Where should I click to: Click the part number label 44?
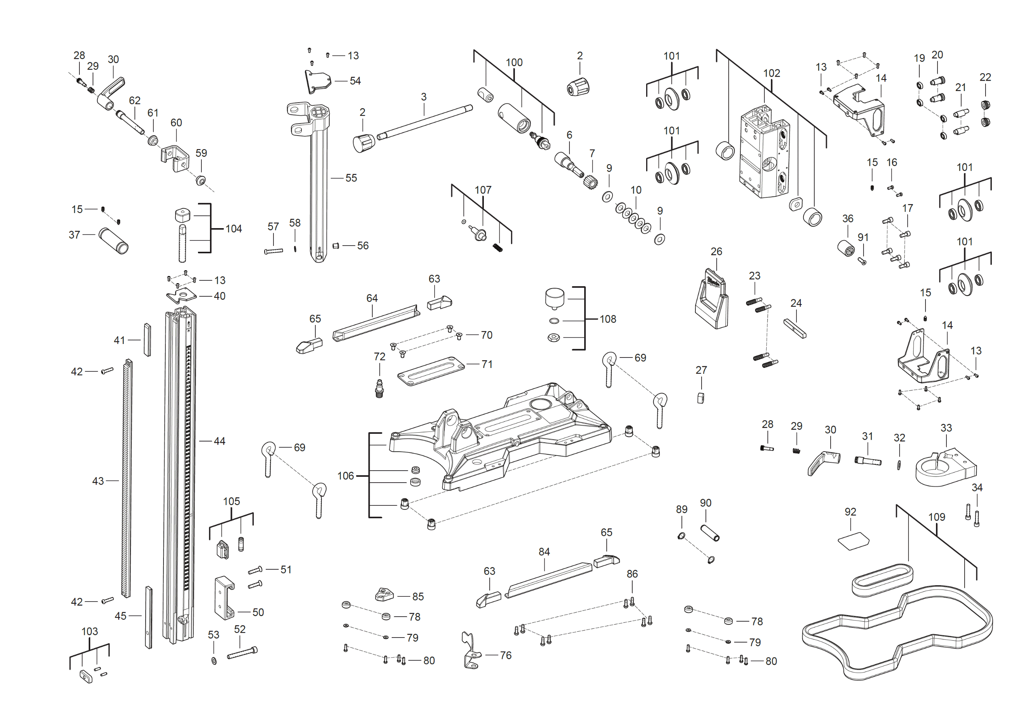click(219, 441)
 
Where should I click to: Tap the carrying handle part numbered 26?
click(711, 301)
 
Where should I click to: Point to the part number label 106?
click(346, 476)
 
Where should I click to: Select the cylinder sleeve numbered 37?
click(113, 241)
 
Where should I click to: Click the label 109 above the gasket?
click(936, 517)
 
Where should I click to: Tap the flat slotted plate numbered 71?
click(430, 371)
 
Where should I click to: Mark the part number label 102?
click(772, 73)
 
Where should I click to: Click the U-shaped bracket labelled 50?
click(224, 597)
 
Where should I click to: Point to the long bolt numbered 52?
click(242, 653)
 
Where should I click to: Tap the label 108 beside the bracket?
click(607, 319)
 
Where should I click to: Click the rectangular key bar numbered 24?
click(795, 329)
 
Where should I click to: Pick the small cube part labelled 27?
click(700, 398)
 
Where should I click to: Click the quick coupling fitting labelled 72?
click(379, 389)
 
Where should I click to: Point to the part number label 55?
click(351, 178)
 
